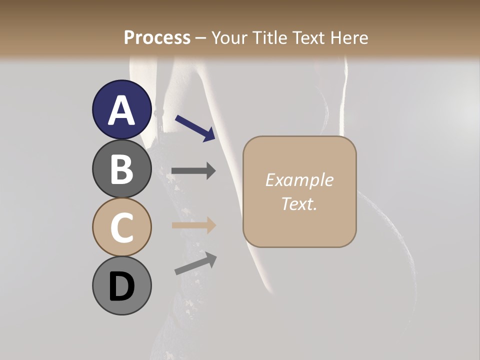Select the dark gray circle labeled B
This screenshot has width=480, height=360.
point(121,168)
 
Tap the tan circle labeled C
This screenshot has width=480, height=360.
point(121,227)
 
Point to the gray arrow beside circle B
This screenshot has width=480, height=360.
point(193,171)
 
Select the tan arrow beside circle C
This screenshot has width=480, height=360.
point(193,225)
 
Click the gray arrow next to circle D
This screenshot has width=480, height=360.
point(195,263)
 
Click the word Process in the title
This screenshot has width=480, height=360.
point(157,37)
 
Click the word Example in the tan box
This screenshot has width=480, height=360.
point(299,180)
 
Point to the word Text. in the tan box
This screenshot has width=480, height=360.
point(299,203)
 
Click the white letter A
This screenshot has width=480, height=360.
point(121,110)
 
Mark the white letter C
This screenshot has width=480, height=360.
point(121,227)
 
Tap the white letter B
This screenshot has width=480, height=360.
point(121,168)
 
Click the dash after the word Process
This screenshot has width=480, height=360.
point(200,38)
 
